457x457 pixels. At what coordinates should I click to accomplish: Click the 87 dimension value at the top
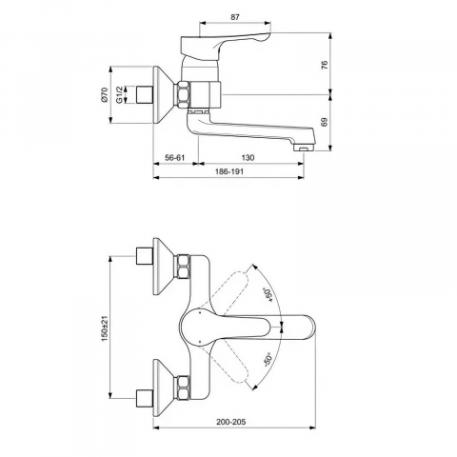tap(235, 17)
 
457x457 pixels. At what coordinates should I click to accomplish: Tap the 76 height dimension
tap(324, 65)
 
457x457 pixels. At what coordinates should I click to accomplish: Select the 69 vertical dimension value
tap(324, 122)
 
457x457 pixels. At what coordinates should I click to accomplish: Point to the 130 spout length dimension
tap(248, 158)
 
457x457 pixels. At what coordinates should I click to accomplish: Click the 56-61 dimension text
tap(175, 158)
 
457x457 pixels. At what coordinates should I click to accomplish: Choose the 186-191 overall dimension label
tap(229, 171)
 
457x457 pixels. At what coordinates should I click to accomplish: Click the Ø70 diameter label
tap(105, 94)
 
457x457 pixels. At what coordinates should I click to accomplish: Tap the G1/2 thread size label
tap(119, 94)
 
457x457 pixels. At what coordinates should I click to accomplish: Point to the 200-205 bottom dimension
tap(231, 422)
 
